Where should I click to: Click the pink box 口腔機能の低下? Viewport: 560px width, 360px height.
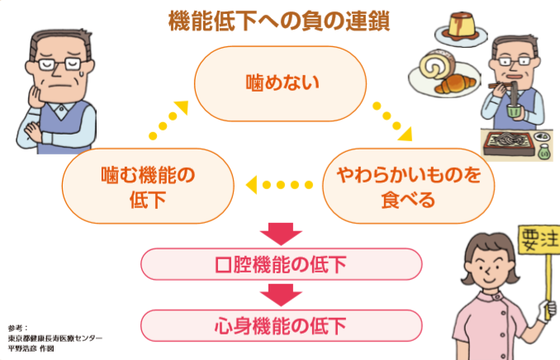tap(281, 265)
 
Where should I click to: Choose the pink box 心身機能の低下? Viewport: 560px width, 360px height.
tap(281, 323)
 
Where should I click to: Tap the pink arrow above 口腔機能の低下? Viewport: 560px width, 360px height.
tap(281, 234)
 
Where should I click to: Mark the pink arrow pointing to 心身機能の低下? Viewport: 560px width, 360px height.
tap(281, 293)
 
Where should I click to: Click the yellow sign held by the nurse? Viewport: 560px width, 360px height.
tap(538, 240)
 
